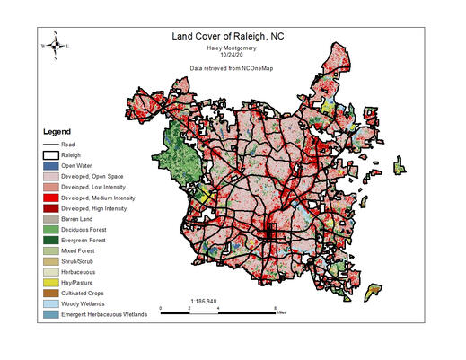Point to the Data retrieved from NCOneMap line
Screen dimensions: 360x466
click(233, 68)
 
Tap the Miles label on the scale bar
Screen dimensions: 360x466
click(281, 312)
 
